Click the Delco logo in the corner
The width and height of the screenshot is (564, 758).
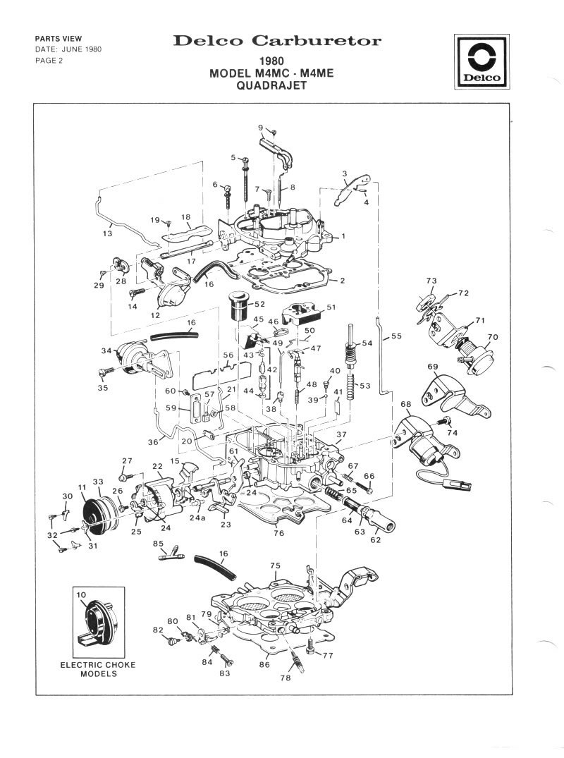482,61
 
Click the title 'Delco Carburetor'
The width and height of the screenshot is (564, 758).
277,41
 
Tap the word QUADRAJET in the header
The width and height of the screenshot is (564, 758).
271,85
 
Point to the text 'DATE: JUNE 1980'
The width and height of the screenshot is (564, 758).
68,49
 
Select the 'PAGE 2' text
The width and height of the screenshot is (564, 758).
49,61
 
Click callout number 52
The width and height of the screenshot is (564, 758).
259,304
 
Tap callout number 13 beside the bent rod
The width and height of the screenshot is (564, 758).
107,233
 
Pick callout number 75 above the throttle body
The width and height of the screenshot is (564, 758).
275,566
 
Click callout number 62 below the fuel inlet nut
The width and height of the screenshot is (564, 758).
376,539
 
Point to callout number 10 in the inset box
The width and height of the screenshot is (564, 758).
81,594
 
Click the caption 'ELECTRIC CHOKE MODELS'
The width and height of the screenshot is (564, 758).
98,669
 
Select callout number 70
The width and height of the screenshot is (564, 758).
493,337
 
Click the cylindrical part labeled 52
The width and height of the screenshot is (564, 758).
238,305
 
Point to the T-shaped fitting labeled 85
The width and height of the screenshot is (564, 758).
171,554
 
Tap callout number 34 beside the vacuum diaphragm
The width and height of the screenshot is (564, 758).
106,350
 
